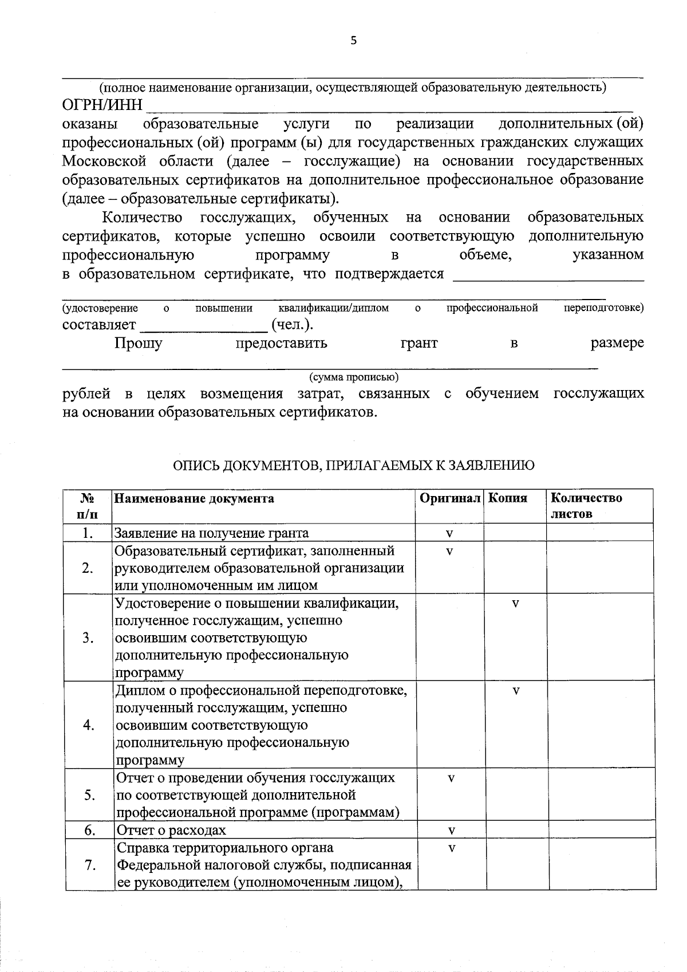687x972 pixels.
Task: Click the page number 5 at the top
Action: (353, 40)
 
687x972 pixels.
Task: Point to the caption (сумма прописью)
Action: (354, 377)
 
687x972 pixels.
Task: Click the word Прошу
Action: (138, 343)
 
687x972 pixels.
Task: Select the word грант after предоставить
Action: (419, 343)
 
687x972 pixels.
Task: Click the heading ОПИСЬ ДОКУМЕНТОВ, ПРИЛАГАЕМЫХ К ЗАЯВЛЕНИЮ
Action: (354, 465)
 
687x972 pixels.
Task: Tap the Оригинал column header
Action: (449, 498)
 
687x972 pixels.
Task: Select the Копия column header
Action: (507, 498)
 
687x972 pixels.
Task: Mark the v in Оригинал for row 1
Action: (449, 533)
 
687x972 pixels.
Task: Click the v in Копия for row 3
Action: (515, 604)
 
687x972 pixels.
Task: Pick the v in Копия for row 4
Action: (515, 691)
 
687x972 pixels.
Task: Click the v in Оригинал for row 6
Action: (451, 831)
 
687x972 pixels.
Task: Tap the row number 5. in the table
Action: (89, 795)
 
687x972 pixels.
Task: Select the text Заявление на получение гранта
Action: (212, 533)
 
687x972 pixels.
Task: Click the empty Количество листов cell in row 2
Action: (599, 568)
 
